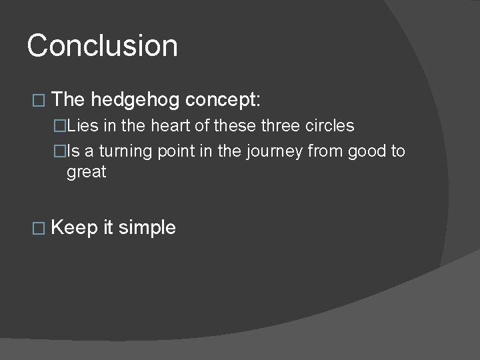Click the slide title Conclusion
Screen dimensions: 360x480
[103, 46]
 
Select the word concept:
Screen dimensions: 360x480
[224, 100]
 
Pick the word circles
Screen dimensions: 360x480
[329, 126]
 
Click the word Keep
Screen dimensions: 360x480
[74, 227]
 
